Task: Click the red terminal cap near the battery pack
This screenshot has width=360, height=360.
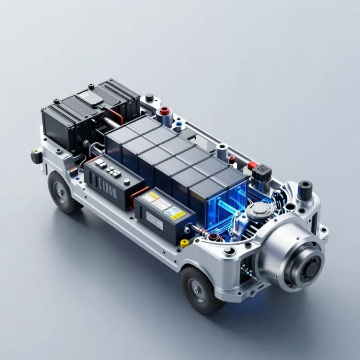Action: pos(165,111)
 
